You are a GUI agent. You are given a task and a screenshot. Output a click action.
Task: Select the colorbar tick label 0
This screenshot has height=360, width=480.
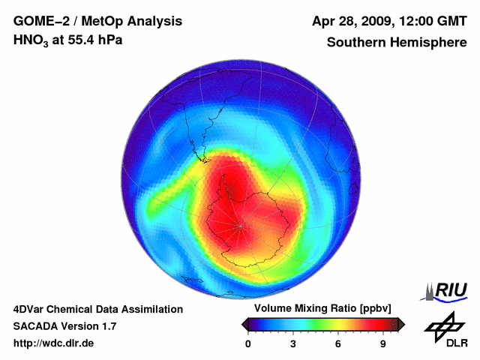tap(248, 343)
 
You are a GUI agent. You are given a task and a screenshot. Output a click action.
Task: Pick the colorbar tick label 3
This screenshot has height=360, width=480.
tap(293, 343)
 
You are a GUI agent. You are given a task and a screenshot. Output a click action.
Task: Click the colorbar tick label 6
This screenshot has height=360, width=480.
tap(338, 343)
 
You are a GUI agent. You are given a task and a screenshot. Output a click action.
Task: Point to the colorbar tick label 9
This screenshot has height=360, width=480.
tap(383, 343)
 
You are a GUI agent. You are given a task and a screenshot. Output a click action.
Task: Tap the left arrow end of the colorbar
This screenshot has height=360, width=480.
tap(245, 324)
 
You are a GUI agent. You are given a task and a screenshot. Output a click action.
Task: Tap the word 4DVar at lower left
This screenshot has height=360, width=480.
tap(31, 309)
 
